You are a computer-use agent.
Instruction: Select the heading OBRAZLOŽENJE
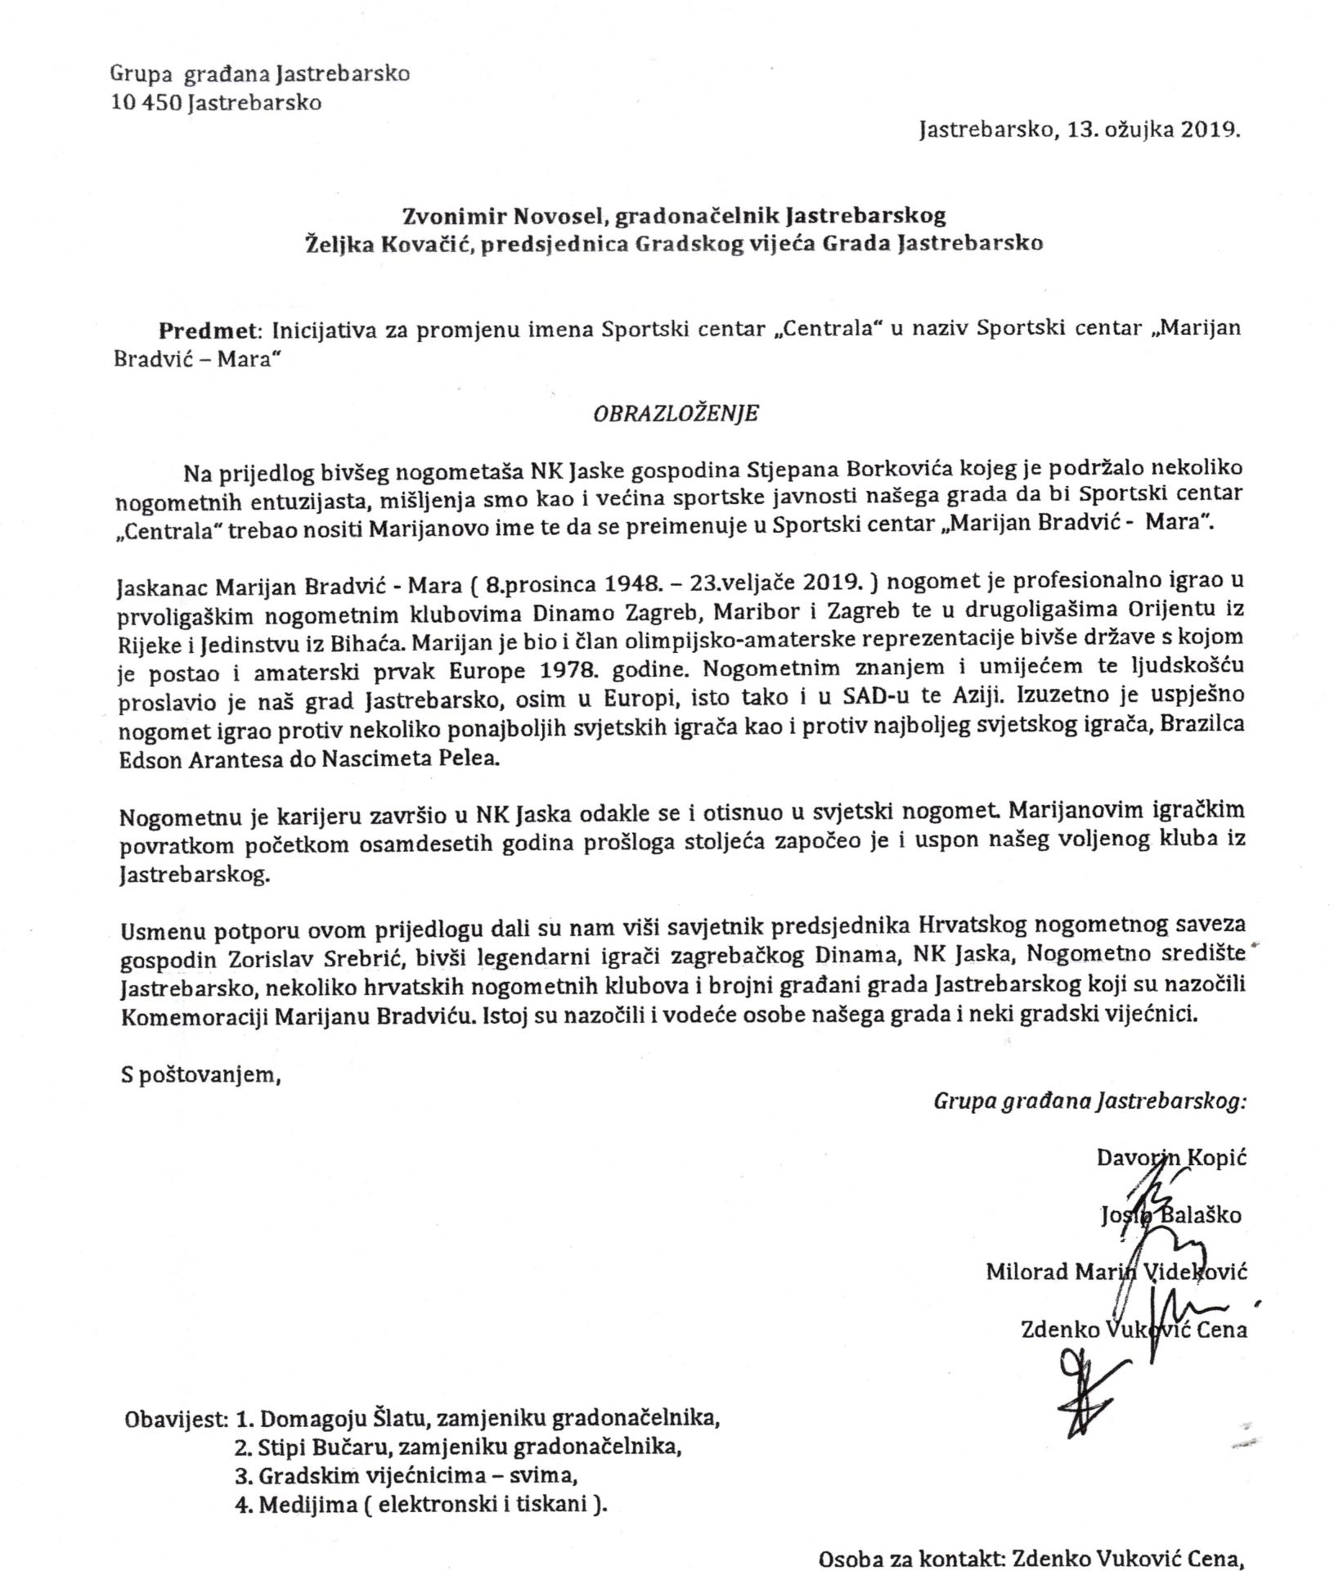tap(676, 413)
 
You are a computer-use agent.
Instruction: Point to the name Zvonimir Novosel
tap(505, 216)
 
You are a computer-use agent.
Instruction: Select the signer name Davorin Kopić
tap(1171, 1159)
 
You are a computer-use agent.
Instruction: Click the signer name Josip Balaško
tap(1170, 1216)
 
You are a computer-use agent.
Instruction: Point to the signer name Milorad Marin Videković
tap(1116, 1272)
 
